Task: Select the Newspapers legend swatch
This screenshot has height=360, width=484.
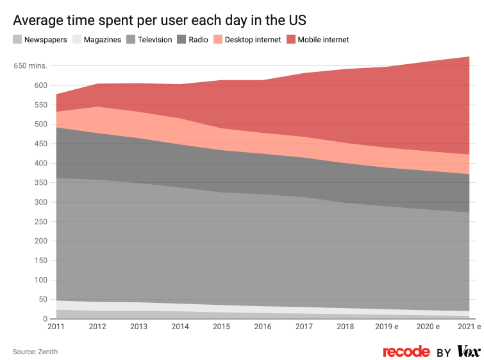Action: [17, 40]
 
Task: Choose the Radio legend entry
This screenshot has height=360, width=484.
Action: [194, 40]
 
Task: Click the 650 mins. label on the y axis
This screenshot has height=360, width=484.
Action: [30, 65]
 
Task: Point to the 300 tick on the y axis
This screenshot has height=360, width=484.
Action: [40, 202]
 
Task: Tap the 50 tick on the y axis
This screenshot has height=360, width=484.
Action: [42, 300]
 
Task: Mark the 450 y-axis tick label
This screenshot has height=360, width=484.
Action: [40, 144]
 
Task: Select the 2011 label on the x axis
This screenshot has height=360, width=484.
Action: [56, 327]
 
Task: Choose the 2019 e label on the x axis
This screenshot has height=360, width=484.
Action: [387, 327]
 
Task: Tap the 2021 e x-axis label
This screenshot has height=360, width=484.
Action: [469, 327]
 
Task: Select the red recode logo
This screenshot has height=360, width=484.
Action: [406, 352]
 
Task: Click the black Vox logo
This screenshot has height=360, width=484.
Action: [469, 351]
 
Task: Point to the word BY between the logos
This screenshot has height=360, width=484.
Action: [444, 352]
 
